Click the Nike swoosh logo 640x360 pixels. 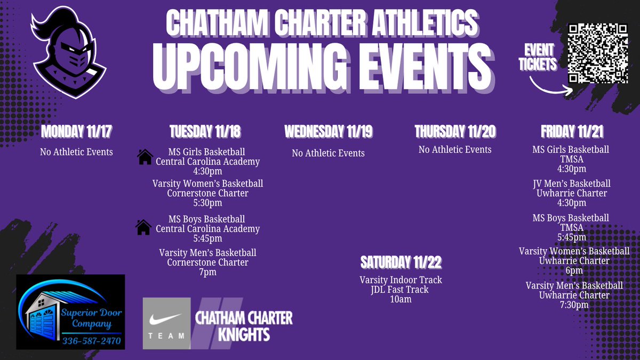(x=166, y=319)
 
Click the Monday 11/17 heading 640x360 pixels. (x=76, y=131)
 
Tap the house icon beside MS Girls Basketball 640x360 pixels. (x=145, y=157)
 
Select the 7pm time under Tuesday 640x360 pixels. (x=207, y=273)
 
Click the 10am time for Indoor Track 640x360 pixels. (x=401, y=300)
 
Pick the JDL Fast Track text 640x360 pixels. (x=401, y=290)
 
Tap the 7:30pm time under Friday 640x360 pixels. (x=574, y=305)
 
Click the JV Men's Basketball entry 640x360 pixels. (x=571, y=183)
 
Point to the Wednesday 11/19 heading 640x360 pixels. (x=328, y=132)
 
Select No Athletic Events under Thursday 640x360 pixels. (x=455, y=150)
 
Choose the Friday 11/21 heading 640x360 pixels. (x=572, y=132)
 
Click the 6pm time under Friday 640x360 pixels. (x=574, y=270)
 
